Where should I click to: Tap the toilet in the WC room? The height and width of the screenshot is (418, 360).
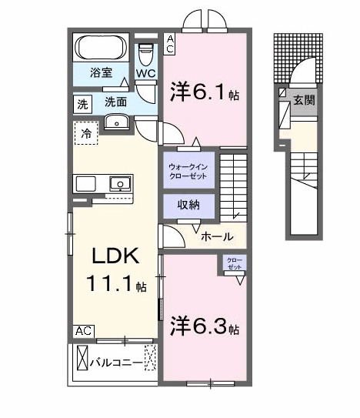coord(145,54)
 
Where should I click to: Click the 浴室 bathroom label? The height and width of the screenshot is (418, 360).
coord(102,75)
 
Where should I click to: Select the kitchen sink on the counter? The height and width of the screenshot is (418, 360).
coord(121,183)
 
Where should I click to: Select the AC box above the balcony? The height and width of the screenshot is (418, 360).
coord(84,330)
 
